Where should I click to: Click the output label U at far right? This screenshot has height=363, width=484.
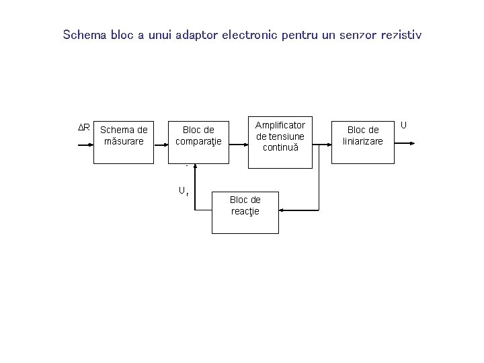404,124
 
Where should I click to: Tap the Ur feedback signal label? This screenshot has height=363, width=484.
183,192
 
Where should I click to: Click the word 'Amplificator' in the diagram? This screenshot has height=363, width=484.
280,125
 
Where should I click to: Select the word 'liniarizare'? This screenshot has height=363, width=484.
363,141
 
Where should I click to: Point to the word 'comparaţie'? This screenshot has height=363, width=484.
198,141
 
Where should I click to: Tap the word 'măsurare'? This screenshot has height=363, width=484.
124,141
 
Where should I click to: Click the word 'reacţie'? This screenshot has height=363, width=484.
245,211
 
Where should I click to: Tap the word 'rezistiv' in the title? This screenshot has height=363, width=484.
401,34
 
